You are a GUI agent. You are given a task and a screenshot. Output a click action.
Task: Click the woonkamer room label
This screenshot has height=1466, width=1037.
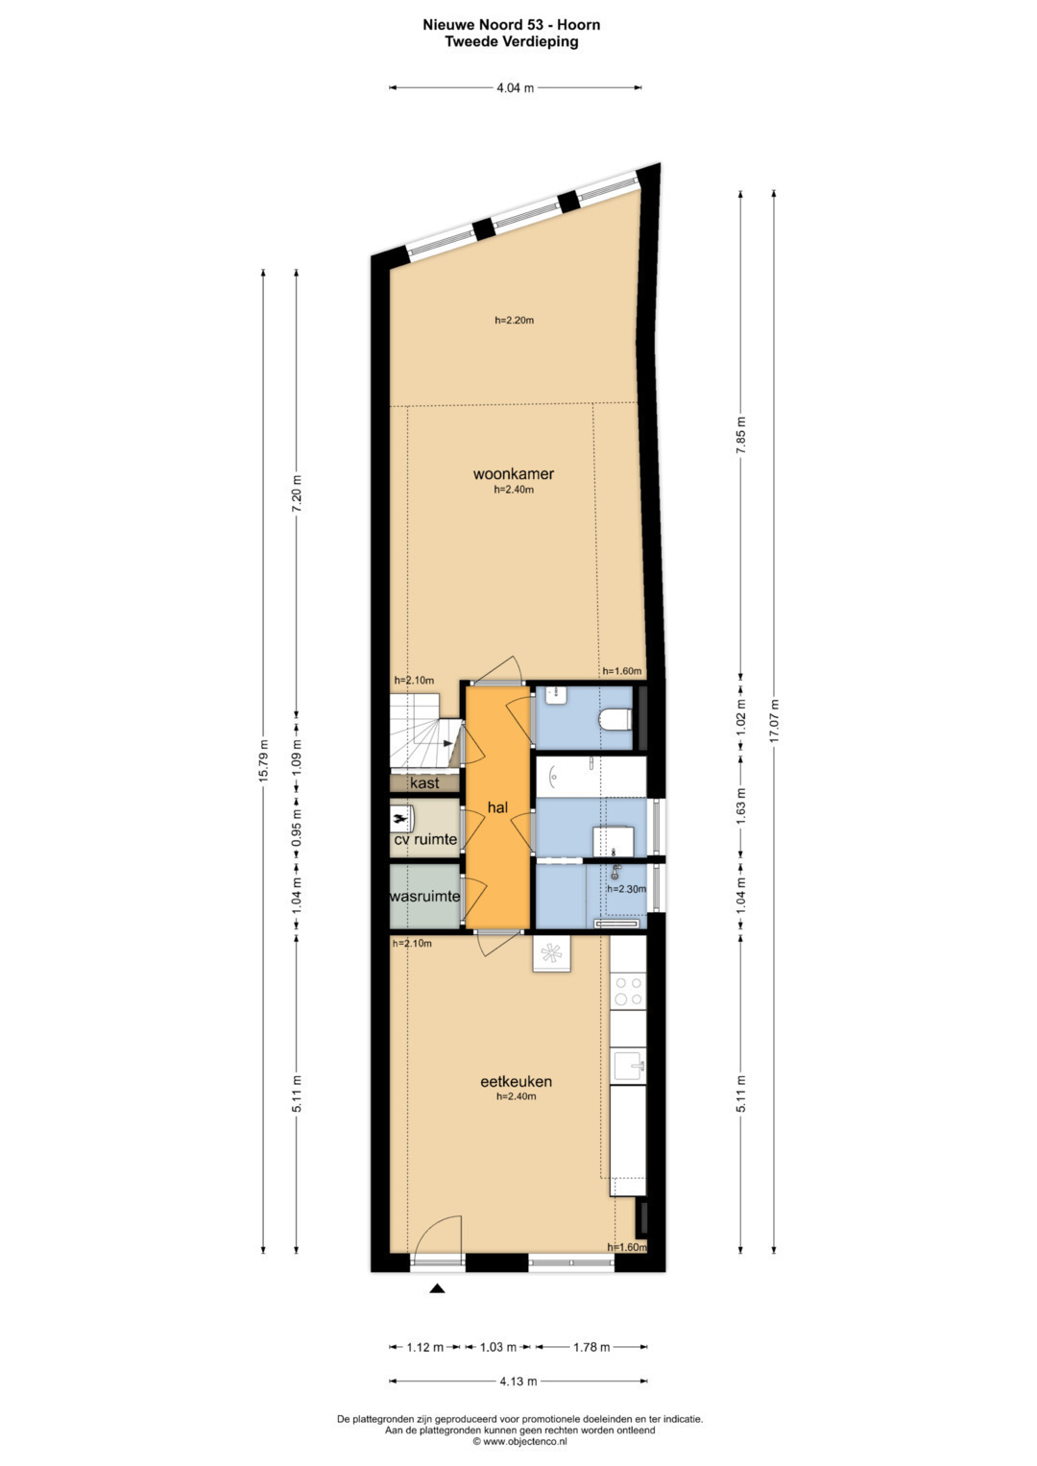coord(514,474)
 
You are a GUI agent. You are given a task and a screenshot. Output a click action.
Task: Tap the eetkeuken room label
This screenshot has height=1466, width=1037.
coord(516,1082)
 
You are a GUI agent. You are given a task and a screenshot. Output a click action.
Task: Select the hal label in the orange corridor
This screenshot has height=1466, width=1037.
coord(497,807)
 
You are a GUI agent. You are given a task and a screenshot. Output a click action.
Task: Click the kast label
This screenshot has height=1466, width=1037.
coord(424,782)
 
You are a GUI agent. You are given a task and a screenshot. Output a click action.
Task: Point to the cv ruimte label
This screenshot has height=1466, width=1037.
coord(424,839)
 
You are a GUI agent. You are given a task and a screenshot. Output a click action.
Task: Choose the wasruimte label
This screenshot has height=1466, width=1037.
coord(424,896)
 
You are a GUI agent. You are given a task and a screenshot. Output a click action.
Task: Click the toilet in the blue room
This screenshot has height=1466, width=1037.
coord(615,719)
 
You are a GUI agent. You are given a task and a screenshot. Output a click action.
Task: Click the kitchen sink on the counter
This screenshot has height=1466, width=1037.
coord(629,1066)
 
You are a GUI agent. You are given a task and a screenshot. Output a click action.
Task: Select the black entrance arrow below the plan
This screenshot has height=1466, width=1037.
coord(437,1289)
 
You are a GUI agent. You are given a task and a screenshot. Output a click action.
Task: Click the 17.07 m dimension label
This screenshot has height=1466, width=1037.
coord(775,721)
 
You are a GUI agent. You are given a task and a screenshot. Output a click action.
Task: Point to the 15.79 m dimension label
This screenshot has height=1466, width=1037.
coord(263,760)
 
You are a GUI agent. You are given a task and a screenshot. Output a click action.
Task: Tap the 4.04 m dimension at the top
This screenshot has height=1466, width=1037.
coord(516,87)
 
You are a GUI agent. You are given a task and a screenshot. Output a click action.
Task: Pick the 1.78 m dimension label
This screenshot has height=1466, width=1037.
coord(591,1347)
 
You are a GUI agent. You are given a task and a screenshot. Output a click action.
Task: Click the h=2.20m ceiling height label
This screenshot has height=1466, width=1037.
coord(514,320)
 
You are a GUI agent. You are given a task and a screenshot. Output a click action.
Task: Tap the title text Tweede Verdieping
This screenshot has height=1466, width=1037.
coord(511,42)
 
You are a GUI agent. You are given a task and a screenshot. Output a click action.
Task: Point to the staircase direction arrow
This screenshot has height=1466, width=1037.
coord(447,743)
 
